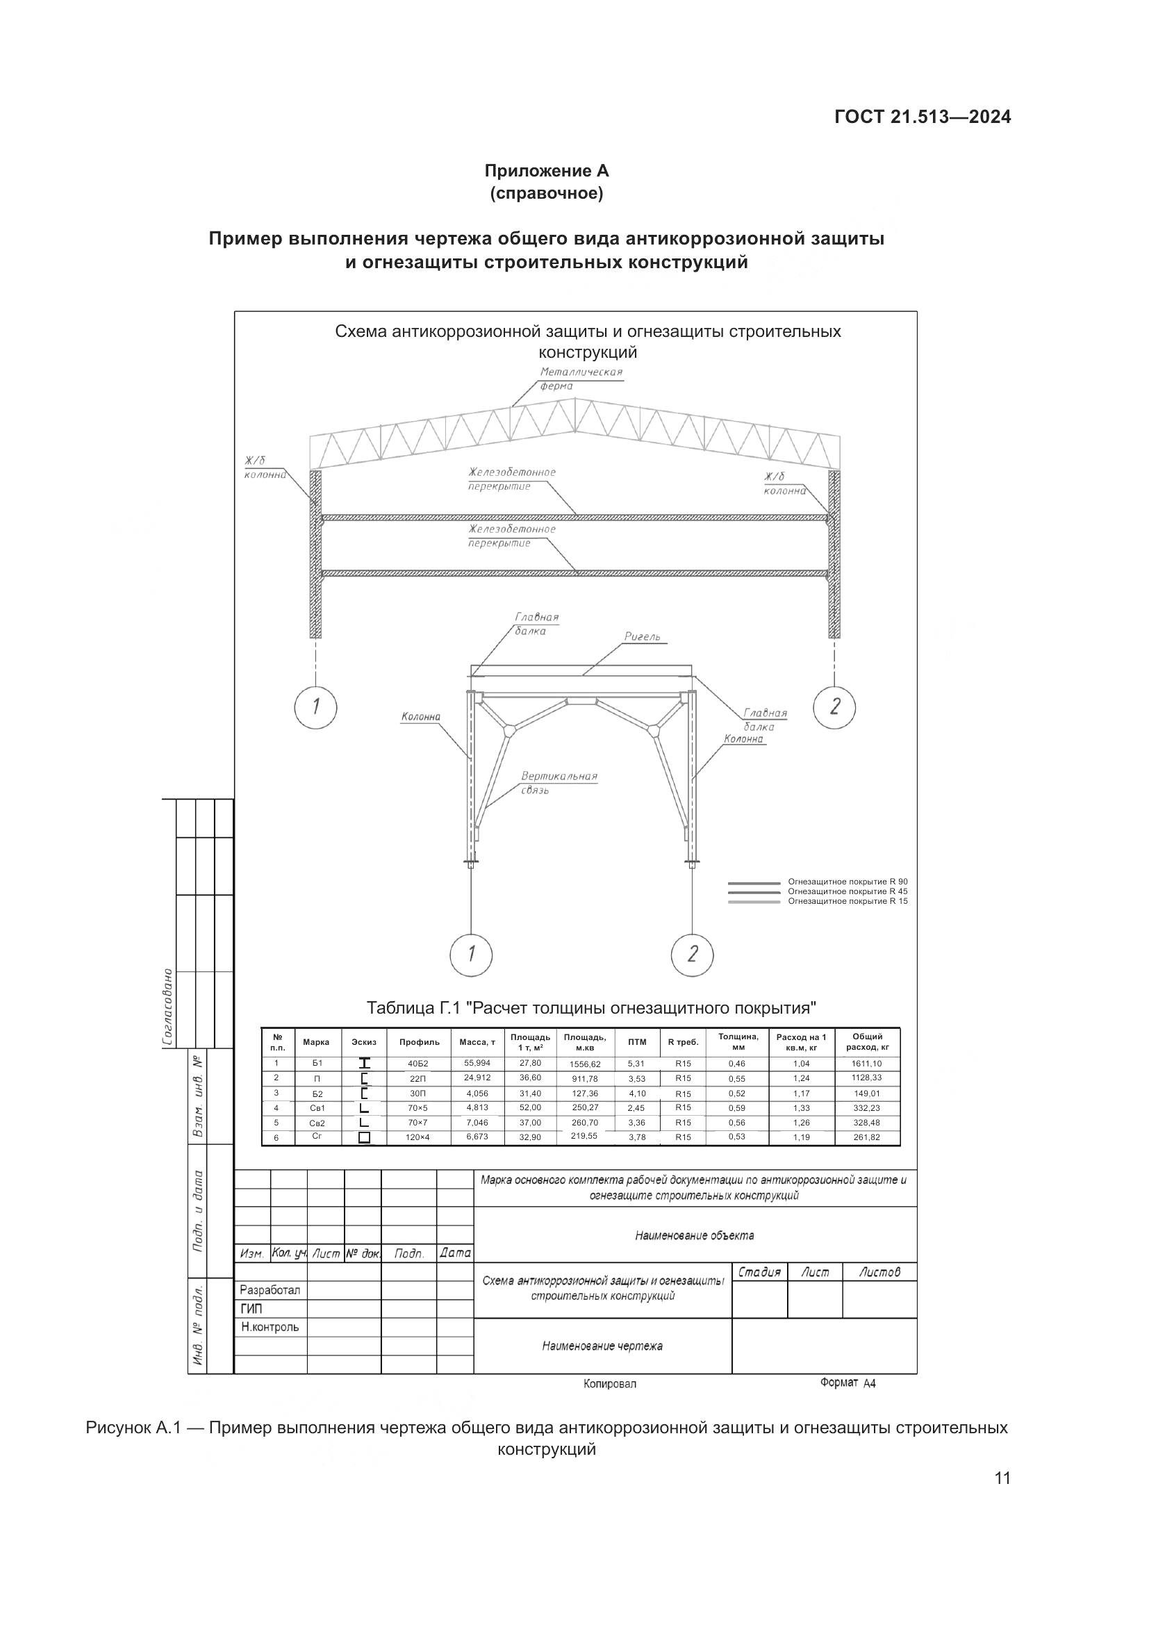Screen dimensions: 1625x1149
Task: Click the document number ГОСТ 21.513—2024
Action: tap(922, 117)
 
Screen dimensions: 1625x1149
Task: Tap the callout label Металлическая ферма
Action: tap(581, 379)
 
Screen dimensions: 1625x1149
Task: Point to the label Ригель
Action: tap(642, 637)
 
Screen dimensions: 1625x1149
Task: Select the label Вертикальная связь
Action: tap(559, 782)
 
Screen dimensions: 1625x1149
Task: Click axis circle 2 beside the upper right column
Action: tap(835, 707)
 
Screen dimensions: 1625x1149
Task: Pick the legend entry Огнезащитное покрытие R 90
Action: tap(848, 882)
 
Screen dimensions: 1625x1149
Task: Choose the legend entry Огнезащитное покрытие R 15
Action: tap(848, 901)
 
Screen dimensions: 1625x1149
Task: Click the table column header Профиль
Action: tap(420, 1042)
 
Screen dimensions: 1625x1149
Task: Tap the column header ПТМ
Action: tap(637, 1042)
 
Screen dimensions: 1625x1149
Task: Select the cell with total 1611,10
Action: tap(867, 1064)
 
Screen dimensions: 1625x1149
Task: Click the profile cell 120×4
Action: tap(418, 1137)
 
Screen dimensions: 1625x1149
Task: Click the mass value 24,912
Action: tap(477, 1078)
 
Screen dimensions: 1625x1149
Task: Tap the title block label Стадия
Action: tap(759, 1273)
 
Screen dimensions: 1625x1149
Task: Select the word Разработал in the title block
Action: tap(270, 1290)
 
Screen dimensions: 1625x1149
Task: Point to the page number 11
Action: tap(1002, 1499)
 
